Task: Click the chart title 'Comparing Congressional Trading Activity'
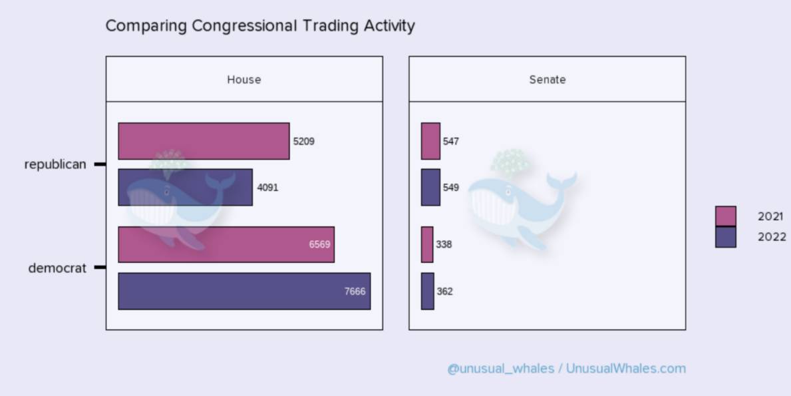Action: point(260,26)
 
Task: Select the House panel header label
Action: point(244,80)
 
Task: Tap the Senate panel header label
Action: point(548,80)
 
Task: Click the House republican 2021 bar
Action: point(204,141)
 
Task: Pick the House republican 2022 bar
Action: point(185,187)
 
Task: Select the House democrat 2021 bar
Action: point(226,245)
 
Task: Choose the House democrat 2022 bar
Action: point(244,291)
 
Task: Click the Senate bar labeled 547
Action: point(431,141)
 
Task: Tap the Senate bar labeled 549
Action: point(431,187)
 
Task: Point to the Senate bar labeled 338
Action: point(427,245)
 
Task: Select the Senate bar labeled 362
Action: point(428,291)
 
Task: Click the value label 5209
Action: point(303,141)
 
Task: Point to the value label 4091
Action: point(267,188)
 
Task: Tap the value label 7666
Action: point(355,292)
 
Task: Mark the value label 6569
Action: point(320,245)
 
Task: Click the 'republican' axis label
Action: point(55,164)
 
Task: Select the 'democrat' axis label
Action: point(57,268)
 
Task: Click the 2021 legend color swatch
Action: point(725,216)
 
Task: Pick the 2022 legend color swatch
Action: point(725,237)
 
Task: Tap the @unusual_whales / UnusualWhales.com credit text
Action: point(567,369)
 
